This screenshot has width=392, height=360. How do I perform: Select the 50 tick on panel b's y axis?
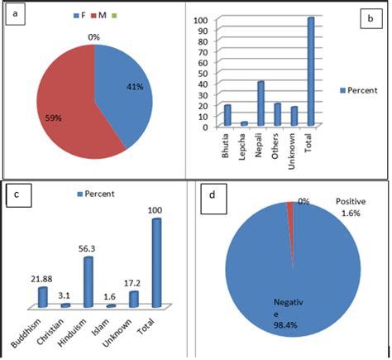pyautogui.click(x=203, y=73)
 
